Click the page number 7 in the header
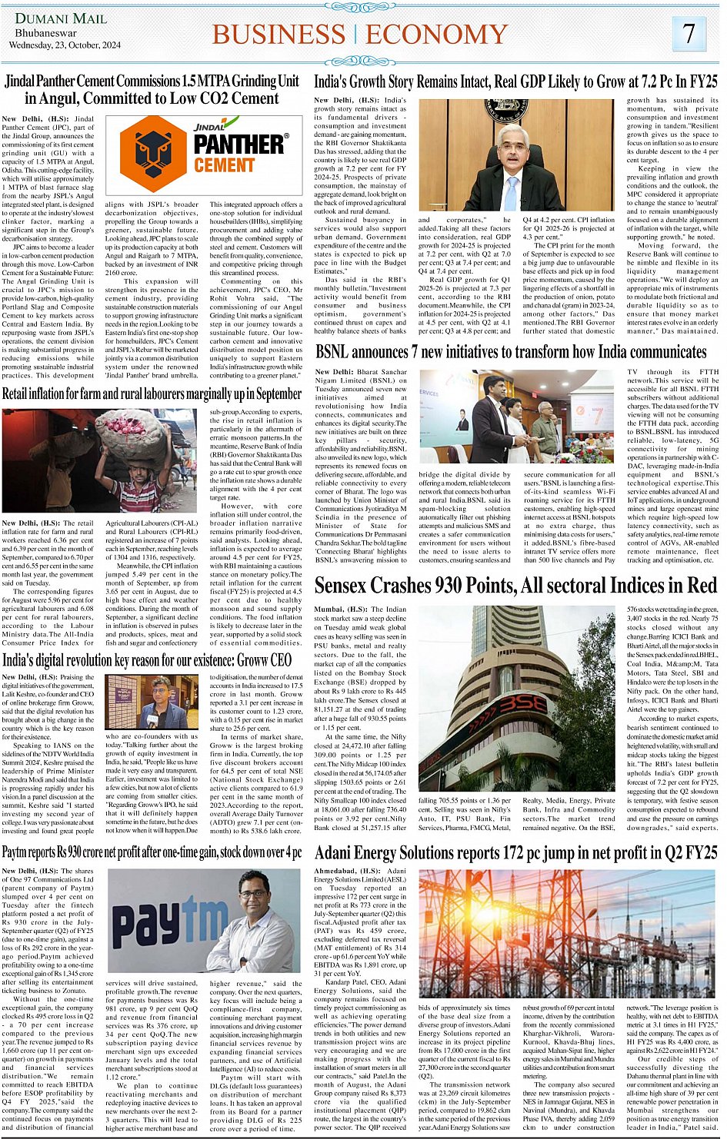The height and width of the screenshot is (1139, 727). pos(689,32)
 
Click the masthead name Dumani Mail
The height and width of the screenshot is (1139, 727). pos(51,18)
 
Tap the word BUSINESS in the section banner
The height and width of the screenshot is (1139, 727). pos(278,35)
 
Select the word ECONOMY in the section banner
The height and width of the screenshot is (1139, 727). pos(437,35)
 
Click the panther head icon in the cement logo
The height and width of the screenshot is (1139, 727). pos(154,154)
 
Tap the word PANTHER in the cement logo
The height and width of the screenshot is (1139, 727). pos(238,144)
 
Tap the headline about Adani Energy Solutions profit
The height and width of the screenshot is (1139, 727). pos(515,852)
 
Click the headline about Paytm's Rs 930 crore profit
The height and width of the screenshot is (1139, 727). pos(152,852)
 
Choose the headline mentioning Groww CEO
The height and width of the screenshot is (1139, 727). pos(147,660)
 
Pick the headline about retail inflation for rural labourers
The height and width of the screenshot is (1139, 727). pos(152,394)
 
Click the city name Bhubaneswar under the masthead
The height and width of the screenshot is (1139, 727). pos(46,33)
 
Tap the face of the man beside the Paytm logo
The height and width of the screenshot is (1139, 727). pos(258,898)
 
